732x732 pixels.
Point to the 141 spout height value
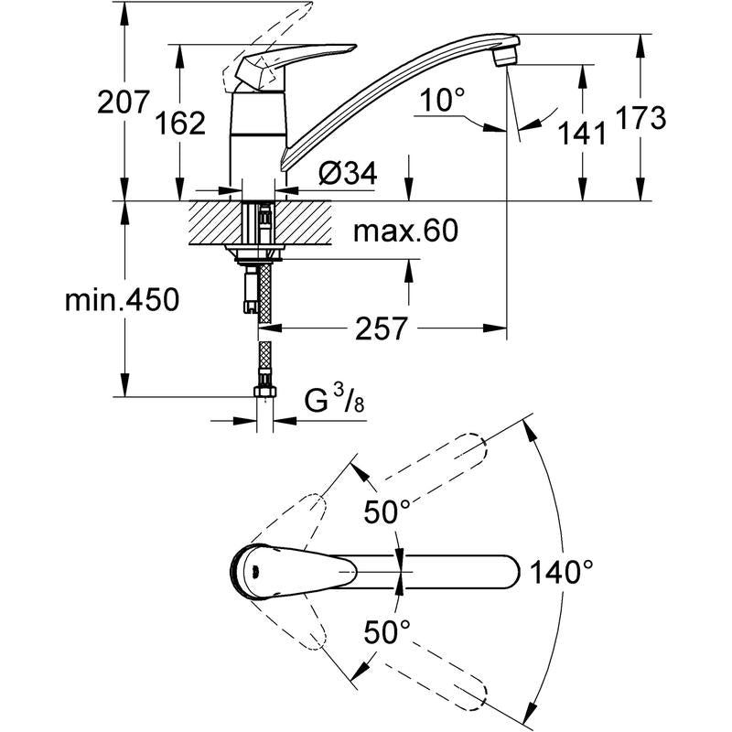[583, 133]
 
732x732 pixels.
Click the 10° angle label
[443, 100]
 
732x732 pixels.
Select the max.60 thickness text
[405, 231]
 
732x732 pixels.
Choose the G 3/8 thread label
[332, 400]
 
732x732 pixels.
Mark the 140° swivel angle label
[562, 573]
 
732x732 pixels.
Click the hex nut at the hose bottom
[264, 393]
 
